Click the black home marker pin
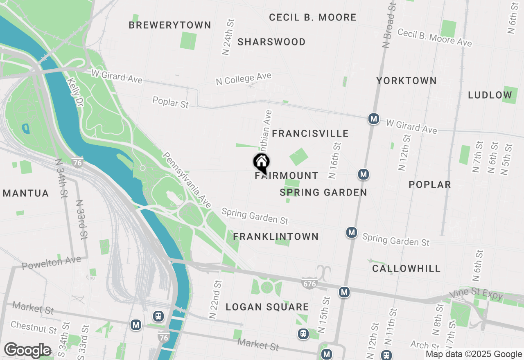coord(261,163)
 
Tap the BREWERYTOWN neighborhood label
coord(170,25)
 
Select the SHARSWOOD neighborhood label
coord(271,42)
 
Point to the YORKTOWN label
coord(407,81)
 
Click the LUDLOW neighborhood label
coord(490,95)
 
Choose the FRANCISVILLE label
coord(310,133)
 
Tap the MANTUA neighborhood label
coord(26,193)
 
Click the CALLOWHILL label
coord(407,268)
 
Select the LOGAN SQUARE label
coord(267,307)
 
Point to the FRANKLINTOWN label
coord(276,236)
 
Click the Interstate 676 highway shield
coord(309,283)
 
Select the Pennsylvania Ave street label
coord(187,180)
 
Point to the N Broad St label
coord(390,25)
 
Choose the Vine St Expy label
coord(476,295)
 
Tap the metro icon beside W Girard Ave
coord(373,119)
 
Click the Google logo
coord(27,350)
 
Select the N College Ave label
coord(244,79)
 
